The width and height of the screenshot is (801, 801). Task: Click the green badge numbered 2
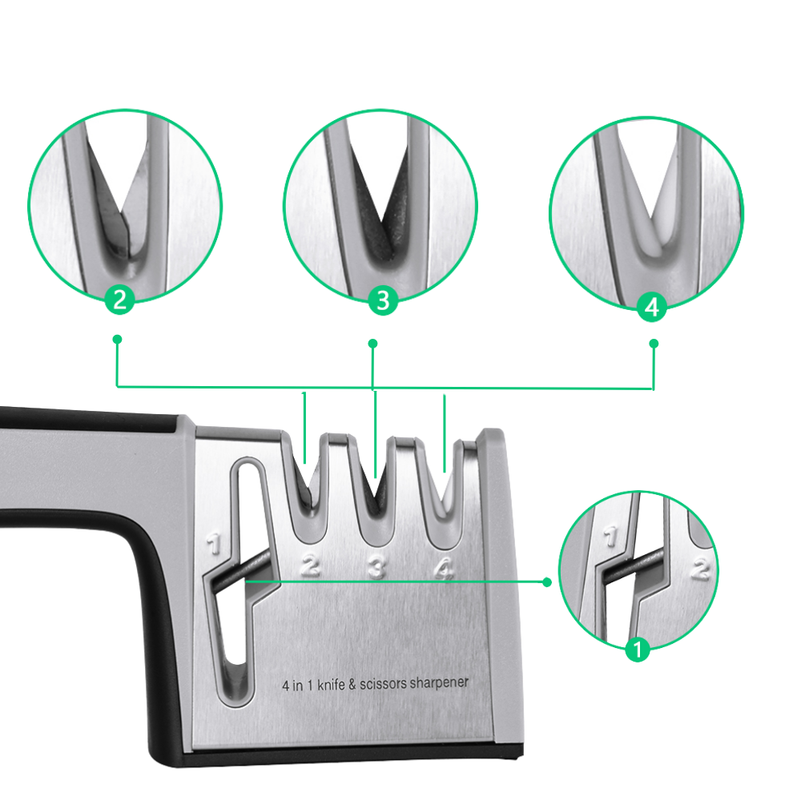point(119,300)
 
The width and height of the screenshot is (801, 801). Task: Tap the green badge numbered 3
point(382,302)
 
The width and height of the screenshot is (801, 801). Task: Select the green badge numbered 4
point(651,307)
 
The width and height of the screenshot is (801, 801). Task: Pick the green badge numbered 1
point(638,649)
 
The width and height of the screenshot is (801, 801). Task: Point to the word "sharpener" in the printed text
point(439,684)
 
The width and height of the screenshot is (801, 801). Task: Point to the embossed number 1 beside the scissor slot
point(212,545)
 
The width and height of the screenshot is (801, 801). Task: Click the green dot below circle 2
point(117,340)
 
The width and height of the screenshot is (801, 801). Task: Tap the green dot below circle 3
point(372,344)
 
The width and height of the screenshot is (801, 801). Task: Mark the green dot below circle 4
point(653,344)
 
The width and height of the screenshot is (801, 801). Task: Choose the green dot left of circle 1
point(547,582)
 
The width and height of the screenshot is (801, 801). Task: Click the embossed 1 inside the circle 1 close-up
point(611,535)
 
